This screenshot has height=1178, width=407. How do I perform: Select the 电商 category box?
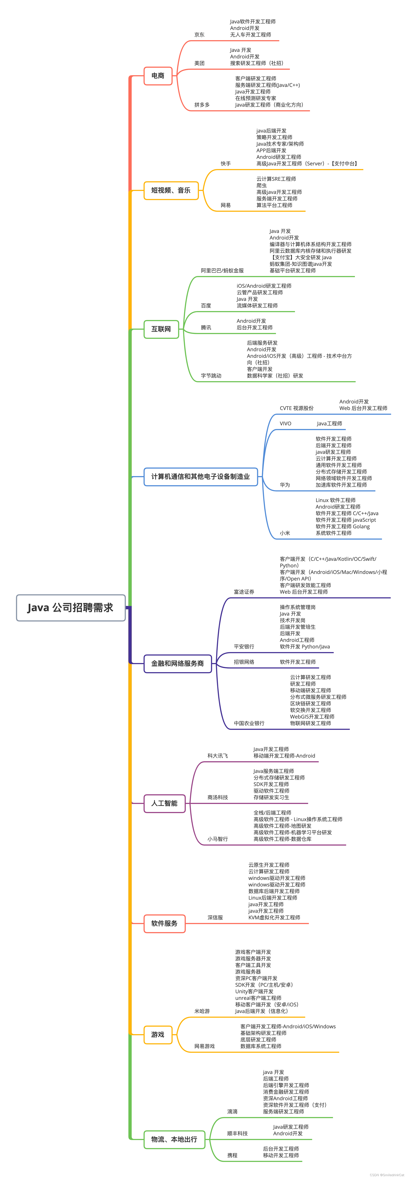point(158,76)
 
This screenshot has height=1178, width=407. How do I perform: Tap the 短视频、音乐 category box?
point(171,190)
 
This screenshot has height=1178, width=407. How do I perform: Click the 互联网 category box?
point(161,329)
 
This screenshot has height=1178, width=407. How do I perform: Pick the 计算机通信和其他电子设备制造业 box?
point(200,476)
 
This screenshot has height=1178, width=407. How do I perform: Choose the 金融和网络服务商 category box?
point(178,664)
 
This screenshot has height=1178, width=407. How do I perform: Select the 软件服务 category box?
point(164,923)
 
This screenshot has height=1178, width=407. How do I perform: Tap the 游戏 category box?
point(158,1034)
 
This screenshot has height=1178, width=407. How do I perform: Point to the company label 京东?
point(200,35)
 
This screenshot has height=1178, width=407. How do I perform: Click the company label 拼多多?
point(202,105)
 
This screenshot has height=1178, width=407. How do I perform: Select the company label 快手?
point(226,164)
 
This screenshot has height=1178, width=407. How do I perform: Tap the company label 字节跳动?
point(211,376)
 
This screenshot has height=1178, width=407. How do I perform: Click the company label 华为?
point(285,485)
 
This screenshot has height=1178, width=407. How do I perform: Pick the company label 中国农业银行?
point(249,723)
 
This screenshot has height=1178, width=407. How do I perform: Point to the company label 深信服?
point(215,917)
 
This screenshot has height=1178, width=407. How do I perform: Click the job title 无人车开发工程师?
point(250,35)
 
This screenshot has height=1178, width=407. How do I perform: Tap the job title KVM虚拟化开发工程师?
point(274,917)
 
